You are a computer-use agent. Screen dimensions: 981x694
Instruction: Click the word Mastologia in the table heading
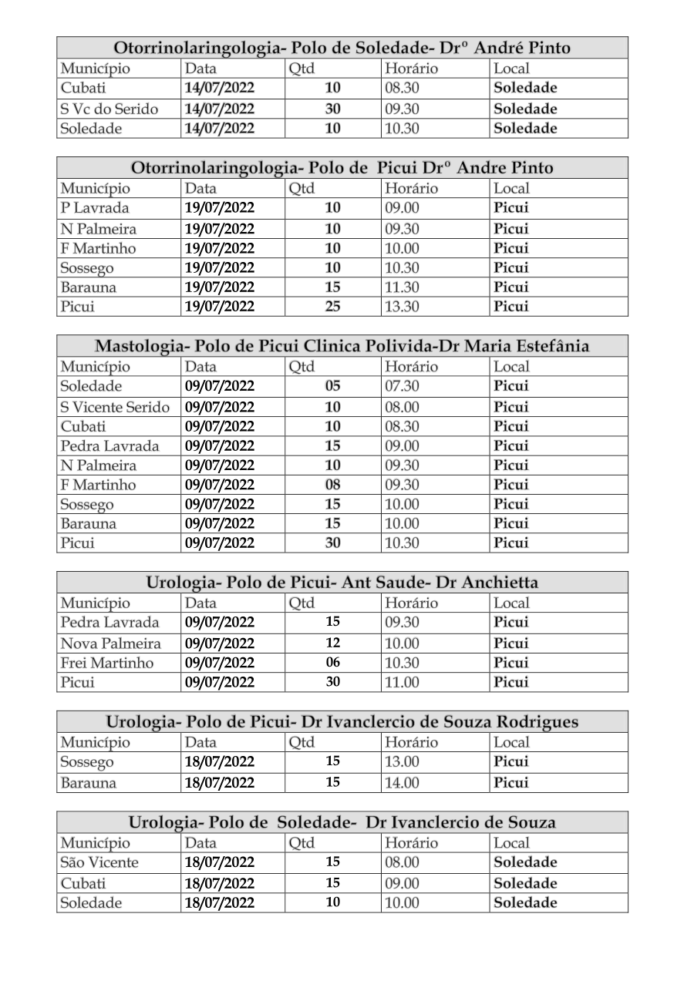136,346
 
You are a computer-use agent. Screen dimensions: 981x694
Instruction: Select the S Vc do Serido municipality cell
109,109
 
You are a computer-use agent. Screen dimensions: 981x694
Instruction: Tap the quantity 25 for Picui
332,307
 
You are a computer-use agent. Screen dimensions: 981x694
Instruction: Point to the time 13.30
402,307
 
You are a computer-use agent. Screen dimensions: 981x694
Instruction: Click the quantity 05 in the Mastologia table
332,386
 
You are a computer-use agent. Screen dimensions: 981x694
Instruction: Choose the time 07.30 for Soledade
402,386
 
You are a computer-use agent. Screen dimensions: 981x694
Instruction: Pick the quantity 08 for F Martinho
332,485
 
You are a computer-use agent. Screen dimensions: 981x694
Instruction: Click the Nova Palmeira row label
110,643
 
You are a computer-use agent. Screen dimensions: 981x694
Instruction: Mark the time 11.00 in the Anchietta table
402,682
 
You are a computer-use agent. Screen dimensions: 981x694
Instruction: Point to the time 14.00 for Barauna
402,783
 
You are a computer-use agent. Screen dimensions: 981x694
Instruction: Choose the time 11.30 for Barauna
402,287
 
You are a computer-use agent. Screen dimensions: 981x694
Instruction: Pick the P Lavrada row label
95,208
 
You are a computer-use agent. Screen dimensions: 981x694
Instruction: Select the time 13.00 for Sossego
402,762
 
